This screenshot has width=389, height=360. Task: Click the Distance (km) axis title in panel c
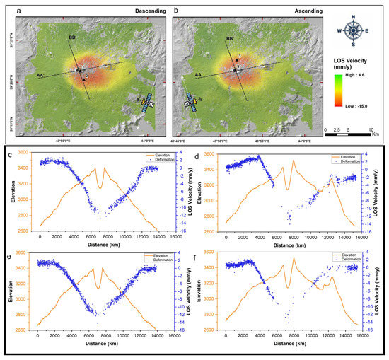[x=98, y=245]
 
